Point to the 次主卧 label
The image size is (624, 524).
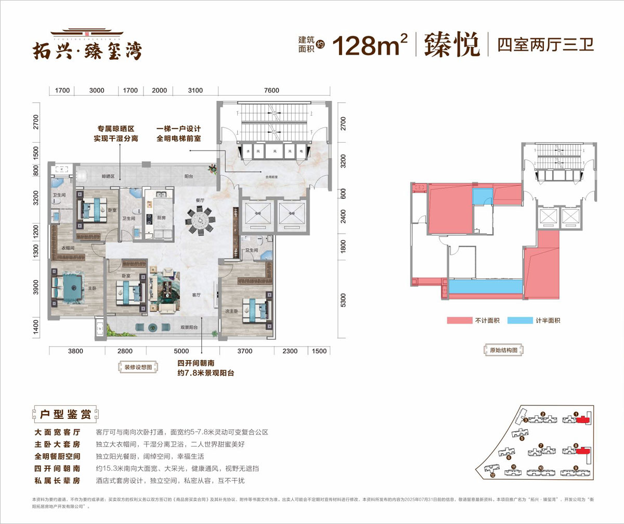[x=231, y=312]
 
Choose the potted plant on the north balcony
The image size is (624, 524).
[x=213, y=168]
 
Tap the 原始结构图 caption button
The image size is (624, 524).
[x=500, y=351]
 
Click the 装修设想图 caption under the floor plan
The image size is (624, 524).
[x=138, y=367]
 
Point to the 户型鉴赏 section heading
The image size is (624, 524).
[x=65, y=415]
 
